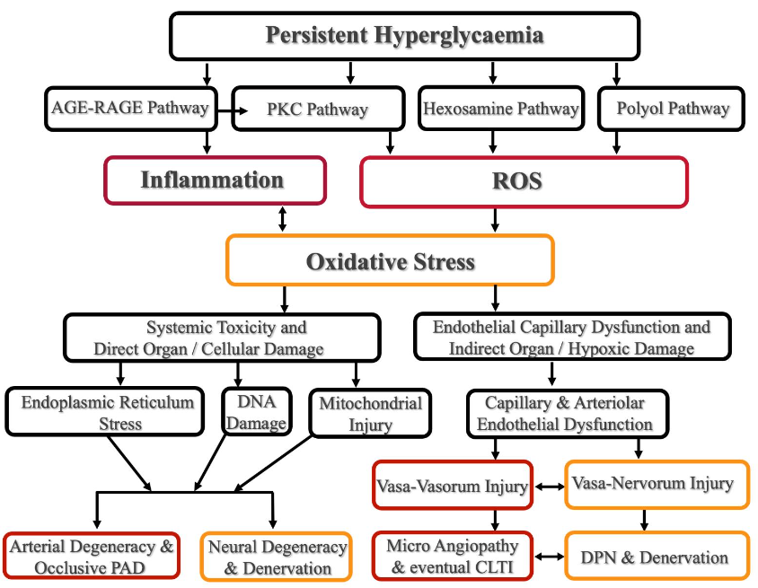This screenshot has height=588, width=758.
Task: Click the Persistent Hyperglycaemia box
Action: (x=404, y=36)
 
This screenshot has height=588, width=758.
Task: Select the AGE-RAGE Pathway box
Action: (x=130, y=109)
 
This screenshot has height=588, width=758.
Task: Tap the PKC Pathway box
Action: (x=317, y=110)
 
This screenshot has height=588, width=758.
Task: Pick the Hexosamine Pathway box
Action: (x=500, y=110)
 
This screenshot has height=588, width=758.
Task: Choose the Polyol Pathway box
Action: (x=673, y=110)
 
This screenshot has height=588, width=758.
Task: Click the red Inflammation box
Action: (x=213, y=180)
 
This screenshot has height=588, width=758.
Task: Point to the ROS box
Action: (x=524, y=181)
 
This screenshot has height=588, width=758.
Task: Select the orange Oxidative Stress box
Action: (x=390, y=261)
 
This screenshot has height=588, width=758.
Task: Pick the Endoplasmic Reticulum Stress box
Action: (x=107, y=412)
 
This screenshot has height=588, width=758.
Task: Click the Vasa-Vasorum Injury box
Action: (x=452, y=487)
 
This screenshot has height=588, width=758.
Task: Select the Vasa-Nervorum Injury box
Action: (x=657, y=485)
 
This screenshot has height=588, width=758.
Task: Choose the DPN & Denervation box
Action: (x=657, y=557)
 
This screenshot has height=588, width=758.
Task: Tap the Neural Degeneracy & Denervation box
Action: (x=277, y=557)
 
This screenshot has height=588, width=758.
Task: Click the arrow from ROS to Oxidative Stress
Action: (x=494, y=221)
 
